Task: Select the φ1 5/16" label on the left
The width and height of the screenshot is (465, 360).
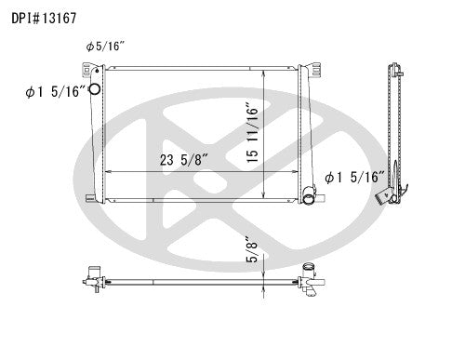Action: [x=56, y=91]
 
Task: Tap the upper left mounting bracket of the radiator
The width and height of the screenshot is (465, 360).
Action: [x=89, y=71]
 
